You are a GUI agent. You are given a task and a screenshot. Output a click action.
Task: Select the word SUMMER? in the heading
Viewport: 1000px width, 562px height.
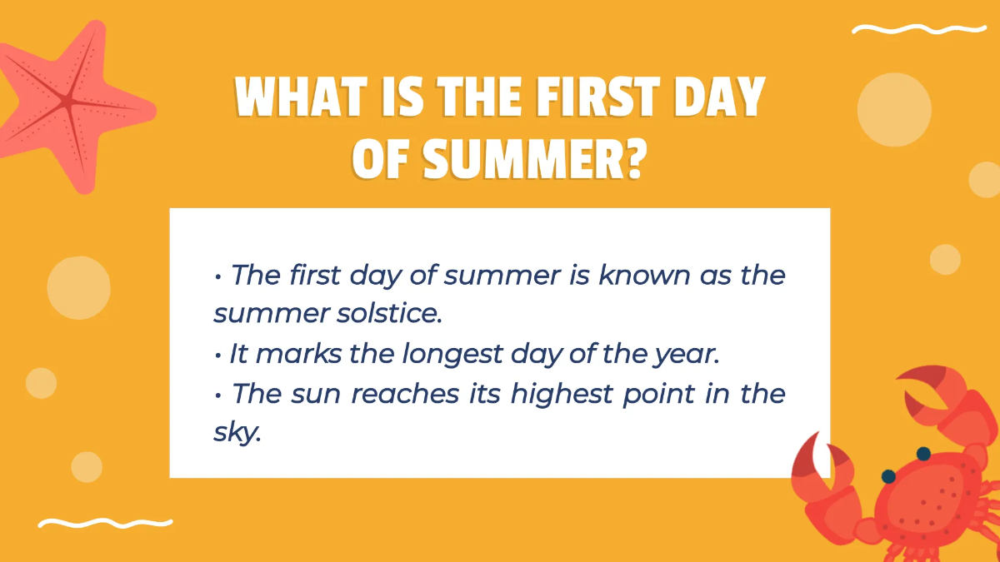point(533,158)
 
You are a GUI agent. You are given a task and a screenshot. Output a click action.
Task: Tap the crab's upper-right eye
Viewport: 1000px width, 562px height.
point(923,454)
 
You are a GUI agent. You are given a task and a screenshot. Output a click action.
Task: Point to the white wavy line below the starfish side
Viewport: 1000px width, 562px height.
point(105,523)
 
